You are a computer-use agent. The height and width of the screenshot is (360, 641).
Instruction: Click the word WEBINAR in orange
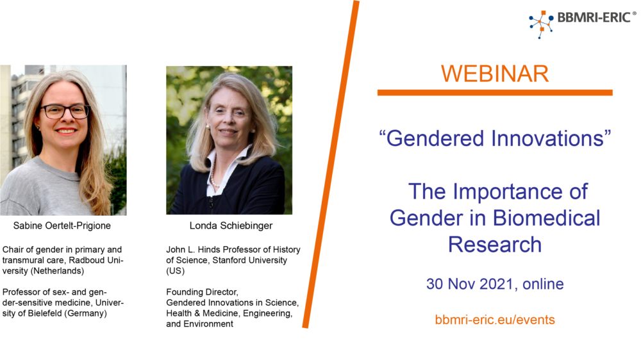495,74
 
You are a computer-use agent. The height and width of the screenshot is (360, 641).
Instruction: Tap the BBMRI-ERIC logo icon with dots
541,24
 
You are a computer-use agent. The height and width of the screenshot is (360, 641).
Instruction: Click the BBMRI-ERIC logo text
594,17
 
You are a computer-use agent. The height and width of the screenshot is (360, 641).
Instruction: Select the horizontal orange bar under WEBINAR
495,93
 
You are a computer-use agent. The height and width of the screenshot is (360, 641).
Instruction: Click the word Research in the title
495,244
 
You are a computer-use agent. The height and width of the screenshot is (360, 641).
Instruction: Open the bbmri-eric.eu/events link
495,320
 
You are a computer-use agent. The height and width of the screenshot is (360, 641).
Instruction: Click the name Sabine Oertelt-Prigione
62,225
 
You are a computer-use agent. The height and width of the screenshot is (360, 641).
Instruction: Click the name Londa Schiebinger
231,225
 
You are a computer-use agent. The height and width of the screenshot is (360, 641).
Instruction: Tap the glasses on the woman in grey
65,111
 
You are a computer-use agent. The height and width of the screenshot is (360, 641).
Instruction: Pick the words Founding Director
202,292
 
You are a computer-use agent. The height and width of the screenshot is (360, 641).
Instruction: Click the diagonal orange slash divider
331,164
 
